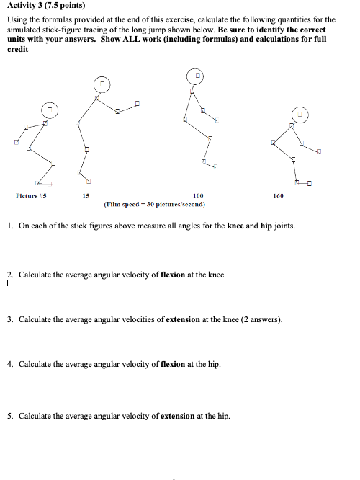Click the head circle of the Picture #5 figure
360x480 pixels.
coord(48,111)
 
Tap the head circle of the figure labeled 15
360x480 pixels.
coord(104,84)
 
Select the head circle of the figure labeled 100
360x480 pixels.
coord(196,75)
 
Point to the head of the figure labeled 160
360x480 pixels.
coord(300,114)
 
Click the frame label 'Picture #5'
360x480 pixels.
coord(31,195)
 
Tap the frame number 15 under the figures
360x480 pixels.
coord(85,195)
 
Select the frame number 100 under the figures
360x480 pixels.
coord(197,195)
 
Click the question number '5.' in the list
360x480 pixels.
coord(10,416)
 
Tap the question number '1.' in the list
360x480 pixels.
coord(10,226)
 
